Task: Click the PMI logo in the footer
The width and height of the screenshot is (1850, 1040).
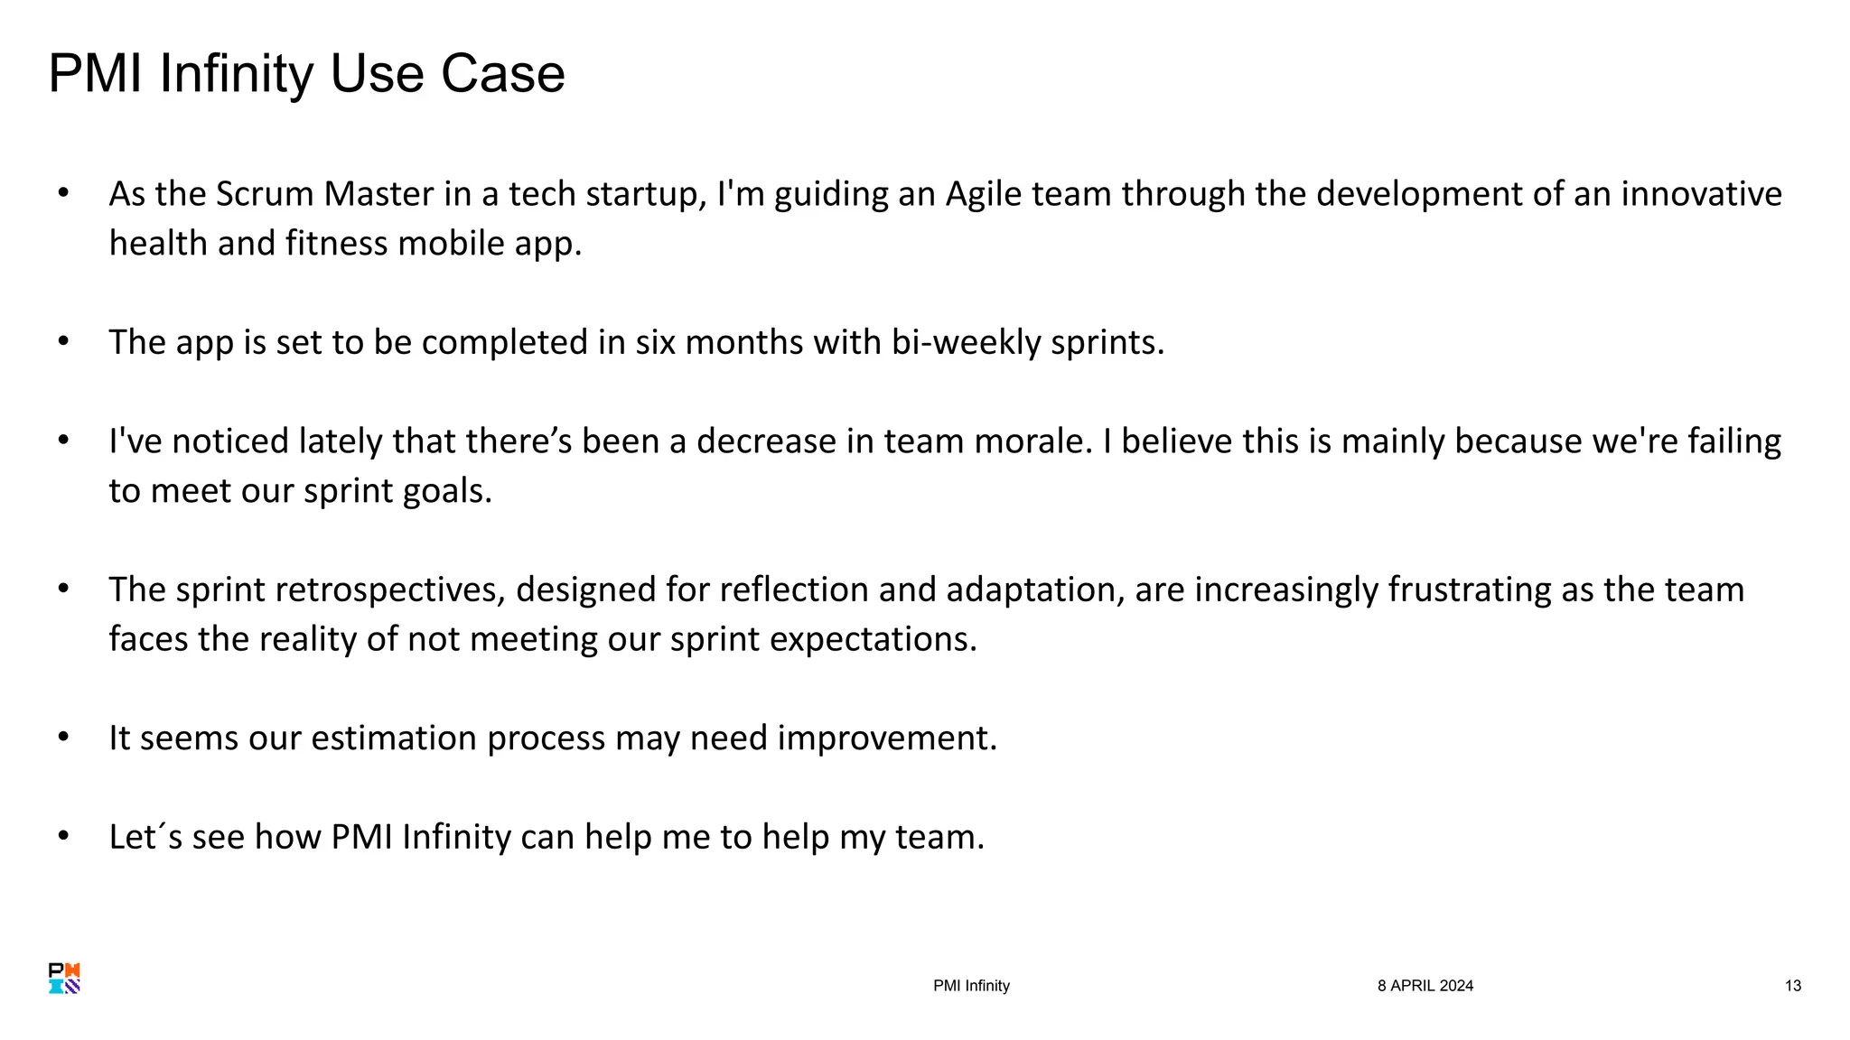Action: pos(64,979)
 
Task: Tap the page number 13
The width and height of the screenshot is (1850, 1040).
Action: pos(1792,986)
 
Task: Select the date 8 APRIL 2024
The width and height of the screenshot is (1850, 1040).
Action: pos(1425,986)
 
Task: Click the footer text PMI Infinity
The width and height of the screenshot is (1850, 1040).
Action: pos(971,986)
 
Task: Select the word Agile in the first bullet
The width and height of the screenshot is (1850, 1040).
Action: pos(983,194)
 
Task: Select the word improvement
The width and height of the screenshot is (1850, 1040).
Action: pos(886,738)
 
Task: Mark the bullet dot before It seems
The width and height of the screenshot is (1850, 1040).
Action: pos(63,738)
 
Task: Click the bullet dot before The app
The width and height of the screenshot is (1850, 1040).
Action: pos(63,342)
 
